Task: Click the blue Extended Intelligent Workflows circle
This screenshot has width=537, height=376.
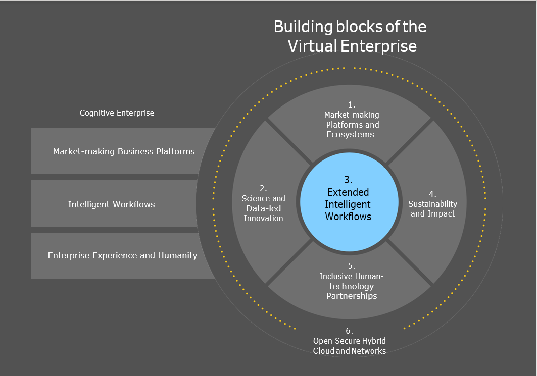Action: (348, 204)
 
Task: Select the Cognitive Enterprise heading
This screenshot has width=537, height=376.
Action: (117, 113)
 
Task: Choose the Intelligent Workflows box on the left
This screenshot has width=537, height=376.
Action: (112, 204)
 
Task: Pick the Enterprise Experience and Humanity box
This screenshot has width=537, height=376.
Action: (122, 255)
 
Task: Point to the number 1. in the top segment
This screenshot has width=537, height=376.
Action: (352, 105)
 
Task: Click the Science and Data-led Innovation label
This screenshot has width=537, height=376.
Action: (263, 208)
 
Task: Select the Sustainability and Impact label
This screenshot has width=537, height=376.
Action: (432, 208)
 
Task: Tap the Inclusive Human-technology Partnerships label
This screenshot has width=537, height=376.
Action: (352, 286)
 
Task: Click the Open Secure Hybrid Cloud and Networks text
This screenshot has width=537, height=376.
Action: (350, 346)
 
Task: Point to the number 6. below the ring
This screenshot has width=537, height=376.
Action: (349, 331)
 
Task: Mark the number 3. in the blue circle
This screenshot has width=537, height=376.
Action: (348, 180)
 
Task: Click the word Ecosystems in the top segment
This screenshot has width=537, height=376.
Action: (350, 134)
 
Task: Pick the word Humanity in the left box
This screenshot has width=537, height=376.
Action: (176, 255)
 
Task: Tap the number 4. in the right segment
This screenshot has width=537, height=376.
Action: (432, 194)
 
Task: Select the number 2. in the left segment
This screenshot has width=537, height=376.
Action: (263, 188)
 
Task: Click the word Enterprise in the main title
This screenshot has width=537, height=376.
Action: (378, 46)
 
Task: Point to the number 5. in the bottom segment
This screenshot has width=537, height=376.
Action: (352, 266)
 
